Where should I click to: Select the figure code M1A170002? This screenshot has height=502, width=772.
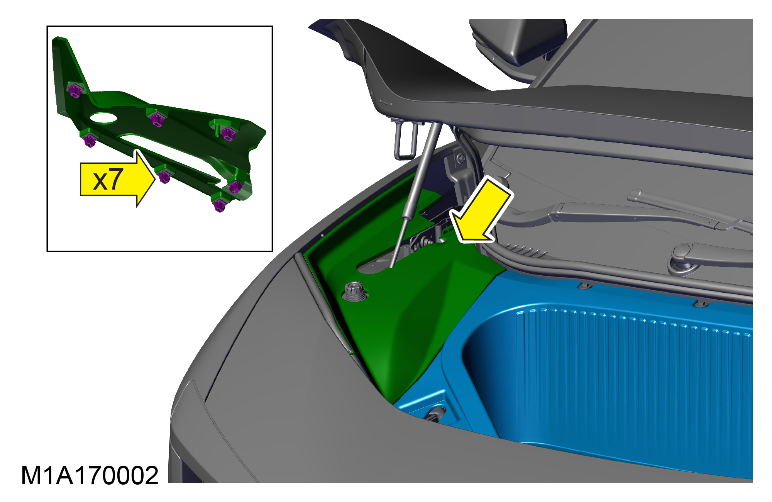click(90, 475)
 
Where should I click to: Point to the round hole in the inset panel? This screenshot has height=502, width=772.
click(103, 118)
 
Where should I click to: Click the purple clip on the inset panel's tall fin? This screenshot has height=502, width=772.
click(74, 91)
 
